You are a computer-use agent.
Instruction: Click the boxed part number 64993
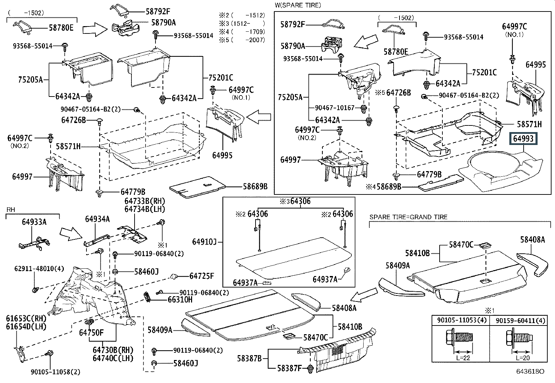[x=523, y=139]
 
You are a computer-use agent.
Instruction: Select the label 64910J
[x=205, y=242]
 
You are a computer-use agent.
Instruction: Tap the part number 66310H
[x=180, y=299]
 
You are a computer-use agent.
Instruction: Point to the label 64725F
[x=202, y=276]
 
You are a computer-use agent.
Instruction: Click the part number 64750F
[x=91, y=332]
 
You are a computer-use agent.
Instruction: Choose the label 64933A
[x=34, y=222]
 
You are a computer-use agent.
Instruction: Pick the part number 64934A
[x=97, y=219]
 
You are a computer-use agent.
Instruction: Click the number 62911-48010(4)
[x=34, y=269]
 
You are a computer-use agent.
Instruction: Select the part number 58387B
[x=249, y=358]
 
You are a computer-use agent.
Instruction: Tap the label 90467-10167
[x=335, y=108]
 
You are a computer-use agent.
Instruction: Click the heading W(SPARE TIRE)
[x=298, y=5]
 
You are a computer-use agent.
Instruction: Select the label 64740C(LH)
[x=113, y=358]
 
